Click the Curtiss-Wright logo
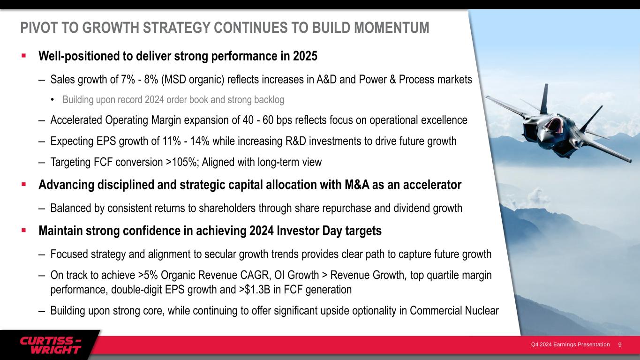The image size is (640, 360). point(51,345)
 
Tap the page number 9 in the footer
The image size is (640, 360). point(620,345)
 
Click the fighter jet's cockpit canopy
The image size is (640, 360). point(553,126)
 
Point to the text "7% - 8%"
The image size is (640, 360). point(139,79)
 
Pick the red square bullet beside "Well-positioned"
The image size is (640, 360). point(24,55)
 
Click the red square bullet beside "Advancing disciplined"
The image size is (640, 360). point(24,184)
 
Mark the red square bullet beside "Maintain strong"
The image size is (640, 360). point(24,230)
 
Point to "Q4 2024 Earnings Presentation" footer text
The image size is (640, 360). point(570,345)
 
